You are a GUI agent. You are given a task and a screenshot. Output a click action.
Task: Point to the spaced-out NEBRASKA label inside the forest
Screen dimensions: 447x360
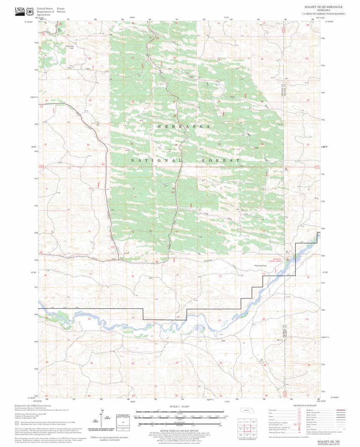click(183, 126)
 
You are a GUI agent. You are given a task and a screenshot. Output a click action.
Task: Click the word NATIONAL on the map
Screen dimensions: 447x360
click(157, 160)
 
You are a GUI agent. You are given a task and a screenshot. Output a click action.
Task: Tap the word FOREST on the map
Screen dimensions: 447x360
click(221, 160)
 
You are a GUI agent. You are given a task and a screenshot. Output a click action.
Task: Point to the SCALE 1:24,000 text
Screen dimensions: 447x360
click(179, 406)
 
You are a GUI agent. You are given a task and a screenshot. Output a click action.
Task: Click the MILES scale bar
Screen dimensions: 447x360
click(180, 411)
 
